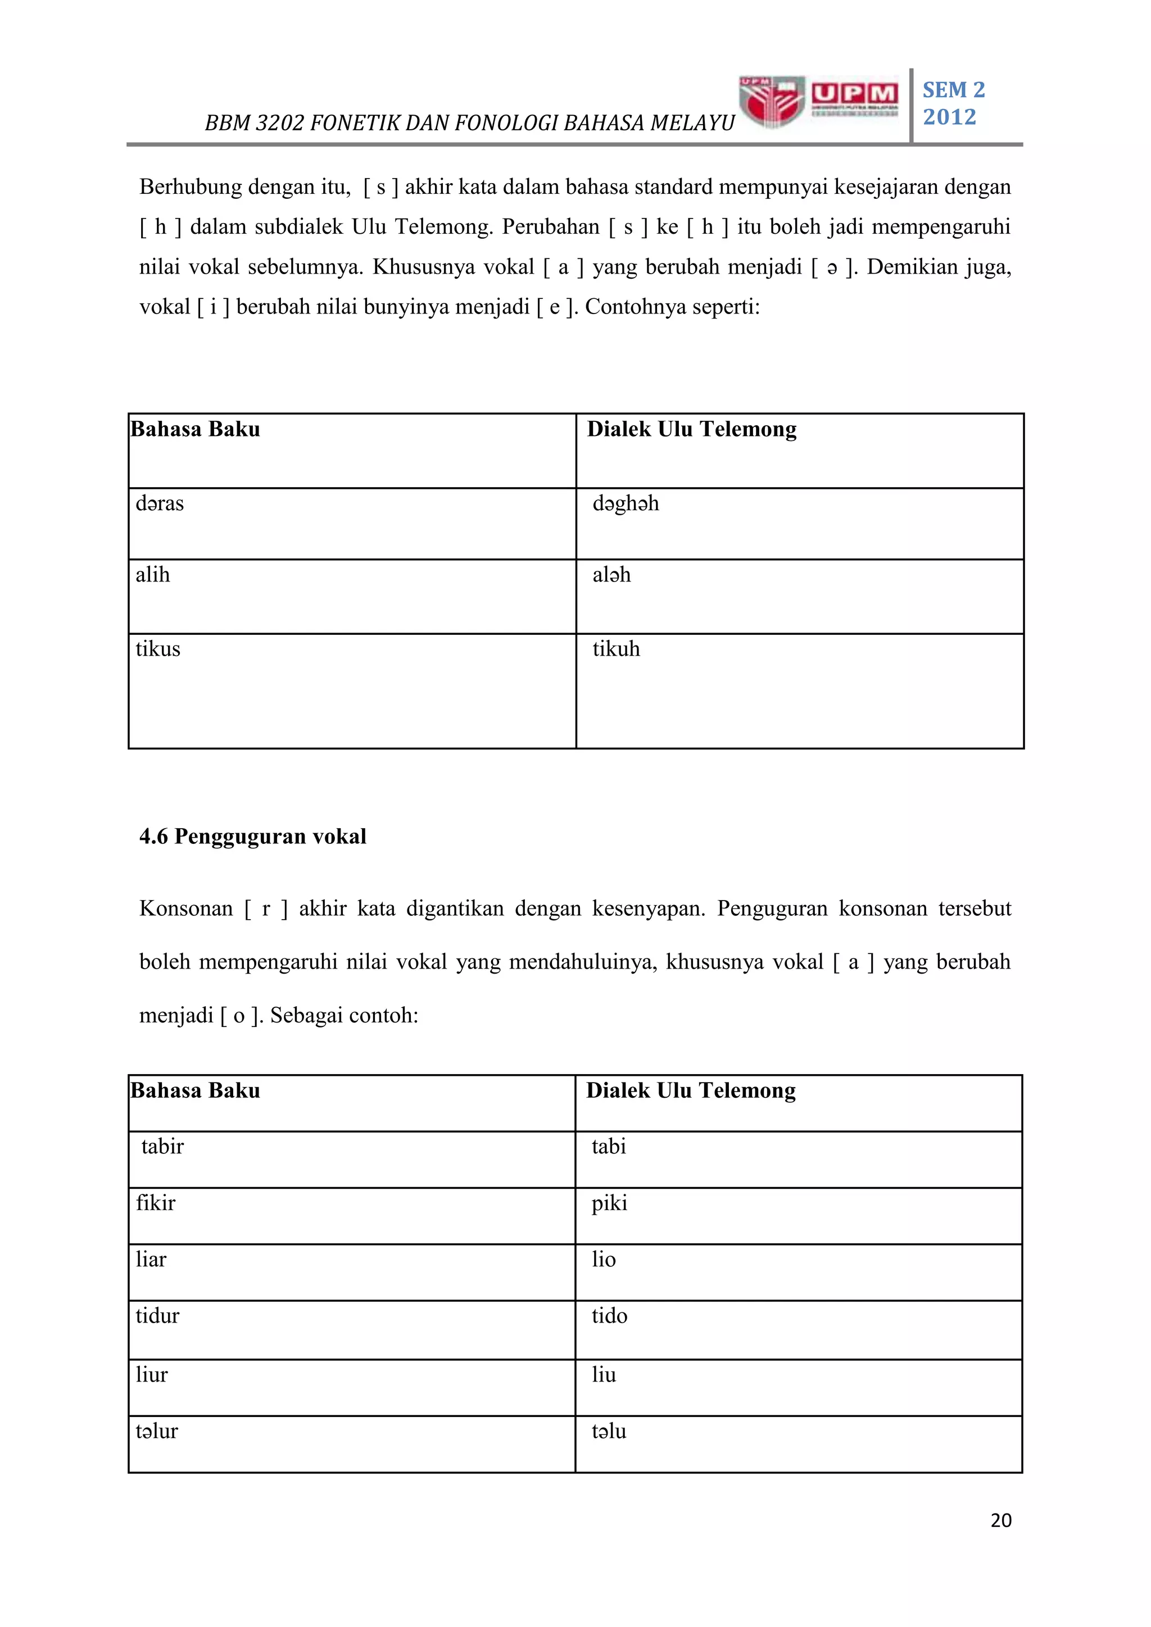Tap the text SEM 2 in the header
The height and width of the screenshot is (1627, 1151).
pyautogui.click(x=953, y=90)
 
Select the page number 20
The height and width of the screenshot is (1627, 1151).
pyautogui.click(x=1001, y=1520)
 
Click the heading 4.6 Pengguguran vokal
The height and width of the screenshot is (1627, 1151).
pyautogui.click(x=253, y=836)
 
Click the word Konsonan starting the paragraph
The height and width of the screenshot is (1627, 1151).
pyautogui.click(x=185, y=908)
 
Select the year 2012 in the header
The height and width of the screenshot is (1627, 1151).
pyautogui.click(x=949, y=117)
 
